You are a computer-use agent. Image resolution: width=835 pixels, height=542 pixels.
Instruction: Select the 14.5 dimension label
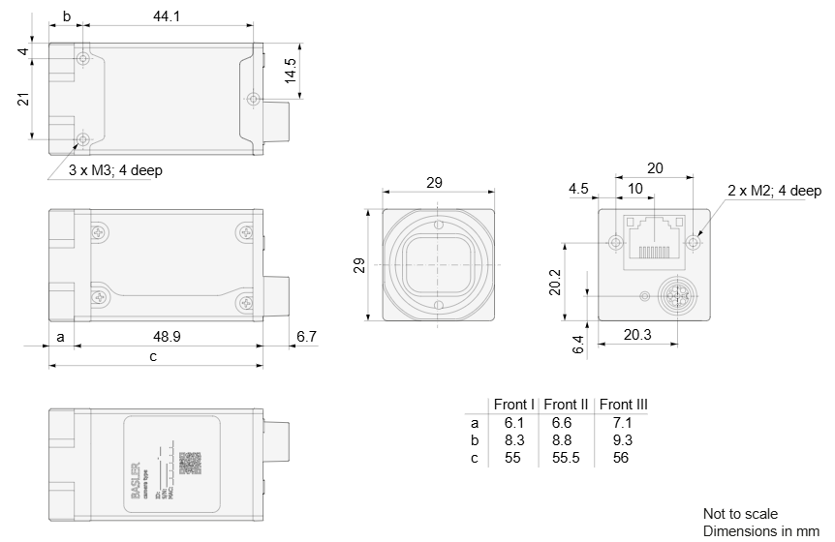[x=290, y=70]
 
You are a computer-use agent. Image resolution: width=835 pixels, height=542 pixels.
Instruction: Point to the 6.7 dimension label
[x=306, y=337]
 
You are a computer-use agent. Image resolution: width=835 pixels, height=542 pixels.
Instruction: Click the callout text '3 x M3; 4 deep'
[x=115, y=171]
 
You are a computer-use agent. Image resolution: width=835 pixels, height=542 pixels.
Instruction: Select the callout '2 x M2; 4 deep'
[x=774, y=191]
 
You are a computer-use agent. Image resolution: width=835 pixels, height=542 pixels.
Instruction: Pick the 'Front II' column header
[x=567, y=405]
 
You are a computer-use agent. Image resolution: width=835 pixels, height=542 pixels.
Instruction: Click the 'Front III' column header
[x=623, y=405]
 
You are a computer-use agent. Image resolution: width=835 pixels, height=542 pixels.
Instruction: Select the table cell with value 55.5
[x=567, y=457]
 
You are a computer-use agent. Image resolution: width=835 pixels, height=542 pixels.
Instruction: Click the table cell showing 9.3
[x=622, y=440]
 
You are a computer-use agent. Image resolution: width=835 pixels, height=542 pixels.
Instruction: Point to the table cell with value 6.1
[x=513, y=423]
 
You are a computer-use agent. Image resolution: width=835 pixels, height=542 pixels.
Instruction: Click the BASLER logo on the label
[x=135, y=474]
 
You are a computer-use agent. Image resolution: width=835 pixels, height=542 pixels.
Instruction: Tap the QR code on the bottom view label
[x=190, y=463]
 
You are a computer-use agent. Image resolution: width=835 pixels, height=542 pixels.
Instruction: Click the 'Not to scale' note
[x=739, y=513]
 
